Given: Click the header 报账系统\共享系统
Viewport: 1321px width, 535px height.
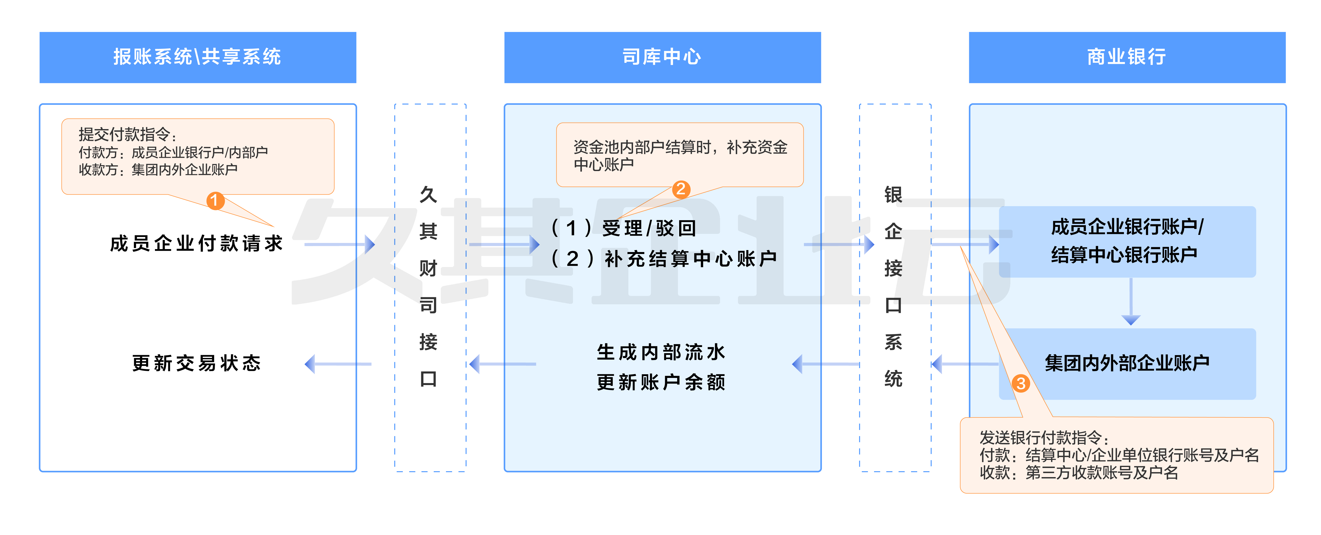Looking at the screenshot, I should [197, 57].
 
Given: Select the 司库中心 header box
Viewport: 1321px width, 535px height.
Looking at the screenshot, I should [662, 57].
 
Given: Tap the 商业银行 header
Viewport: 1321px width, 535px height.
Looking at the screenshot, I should [1127, 57].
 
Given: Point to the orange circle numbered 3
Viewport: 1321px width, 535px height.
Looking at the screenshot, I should [1020, 383].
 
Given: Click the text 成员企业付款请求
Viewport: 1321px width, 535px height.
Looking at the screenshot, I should [196, 243].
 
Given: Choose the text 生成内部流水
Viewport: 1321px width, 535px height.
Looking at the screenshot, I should [661, 352].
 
